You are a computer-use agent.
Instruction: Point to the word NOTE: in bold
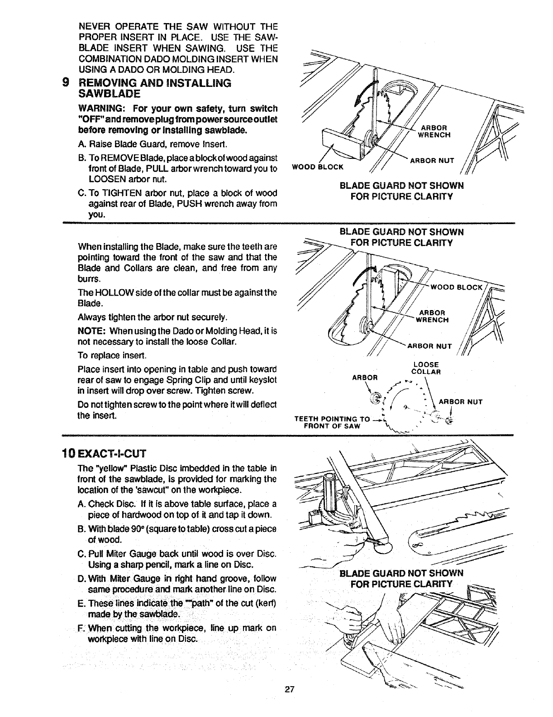pyautogui.click(x=90, y=331)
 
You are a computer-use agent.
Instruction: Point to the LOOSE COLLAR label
pyautogui.click(x=426, y=368)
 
